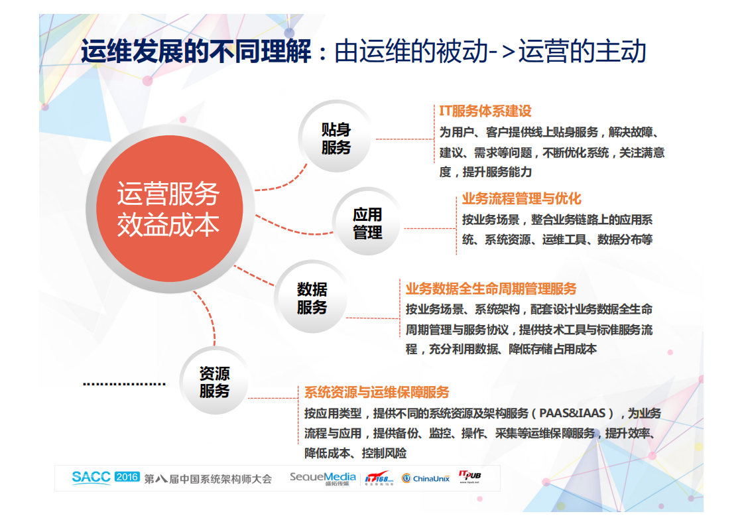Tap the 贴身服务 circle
[336, 139]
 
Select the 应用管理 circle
[367, 224]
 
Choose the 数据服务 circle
[312, 298]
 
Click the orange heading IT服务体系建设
[485, 111]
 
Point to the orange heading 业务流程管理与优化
[521, 199]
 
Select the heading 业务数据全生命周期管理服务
[491, 289]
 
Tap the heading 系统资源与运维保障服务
[377, 392]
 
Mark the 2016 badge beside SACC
[127, 476]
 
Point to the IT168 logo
[379, 478]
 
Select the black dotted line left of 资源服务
[124, 384]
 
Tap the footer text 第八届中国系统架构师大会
[208, 478]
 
